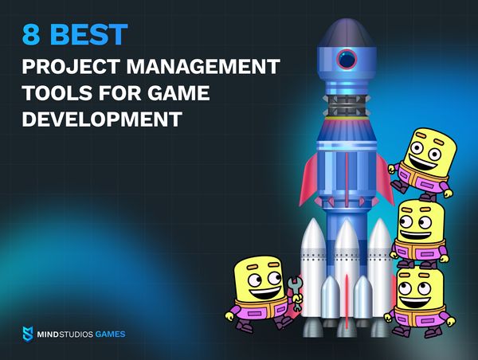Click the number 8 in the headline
coord(31,34)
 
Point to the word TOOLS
coord(57,92)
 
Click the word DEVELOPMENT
coord(102,119)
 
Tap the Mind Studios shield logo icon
coord(28,334)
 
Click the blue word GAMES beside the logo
coord(110,335)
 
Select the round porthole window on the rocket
coord(347,59)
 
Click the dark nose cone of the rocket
coord(347,33)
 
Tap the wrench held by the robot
coord(296,294)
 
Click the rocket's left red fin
coord(308,180)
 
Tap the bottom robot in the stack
coord(420,301)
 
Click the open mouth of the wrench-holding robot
coord(266,292)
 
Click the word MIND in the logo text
coord(48,335)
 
